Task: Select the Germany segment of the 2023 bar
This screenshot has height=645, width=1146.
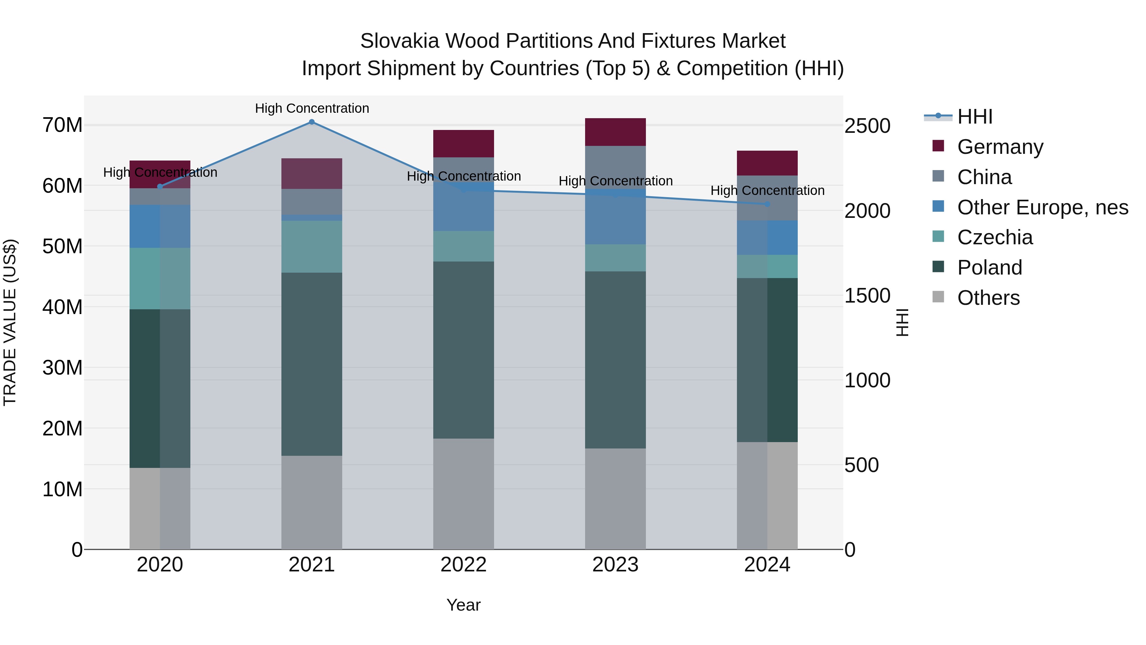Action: click(x=615, y=132)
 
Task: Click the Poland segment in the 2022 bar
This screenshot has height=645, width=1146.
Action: click(x=463, y=350)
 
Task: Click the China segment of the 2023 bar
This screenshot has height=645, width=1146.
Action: click(x=615, y=167)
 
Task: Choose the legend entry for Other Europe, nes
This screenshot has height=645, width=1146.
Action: click(x=1042, y=207)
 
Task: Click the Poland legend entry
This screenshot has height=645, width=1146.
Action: click(x=989, y=268)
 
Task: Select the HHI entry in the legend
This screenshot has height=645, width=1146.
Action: click(x=974, y=117)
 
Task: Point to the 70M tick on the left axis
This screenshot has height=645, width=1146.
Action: click(x=62, y=125)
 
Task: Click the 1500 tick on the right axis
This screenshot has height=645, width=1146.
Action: click(x=867, y=296)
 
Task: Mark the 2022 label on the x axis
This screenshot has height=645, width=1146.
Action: click(x=463, y=565)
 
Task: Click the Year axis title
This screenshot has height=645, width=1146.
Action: click(x=463, y=605)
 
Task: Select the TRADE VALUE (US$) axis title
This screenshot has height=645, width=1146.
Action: click(x=10, y=322)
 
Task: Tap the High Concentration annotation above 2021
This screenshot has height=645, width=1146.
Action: click(x=312, y=108)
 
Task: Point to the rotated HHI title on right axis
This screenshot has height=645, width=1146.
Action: click(x=902, y=322)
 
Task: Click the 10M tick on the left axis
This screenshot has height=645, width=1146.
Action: click(x=62, y=489)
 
